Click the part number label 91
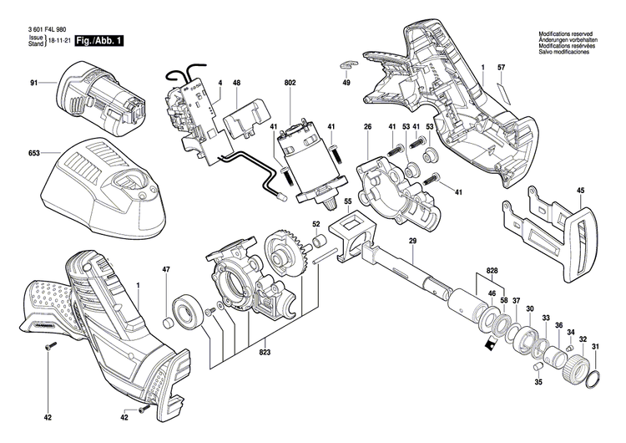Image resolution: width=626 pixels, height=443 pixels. pyautogui.click(x=34, y=83)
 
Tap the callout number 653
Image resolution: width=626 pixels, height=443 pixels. pyautogui.click(x=34, y=154)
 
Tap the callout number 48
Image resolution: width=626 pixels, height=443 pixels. pyautogui.click(x=236, y=83)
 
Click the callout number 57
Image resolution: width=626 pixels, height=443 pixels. pyautogui.click(x=501, y=66)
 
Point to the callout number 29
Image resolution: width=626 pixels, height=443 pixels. pyautogui.click(x=411, y=242)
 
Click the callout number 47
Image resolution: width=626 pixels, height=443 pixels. pyautogui.click(x=166, y=269)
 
